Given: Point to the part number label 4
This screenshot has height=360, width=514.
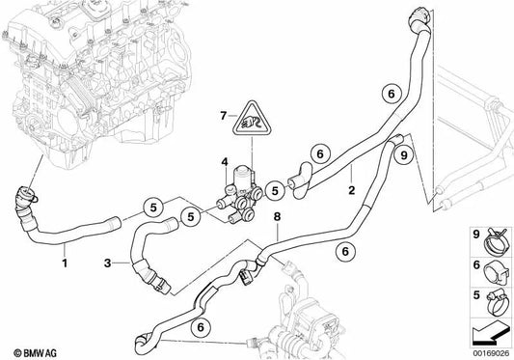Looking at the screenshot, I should tap(224, 161).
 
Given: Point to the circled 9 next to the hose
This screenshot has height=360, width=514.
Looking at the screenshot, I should tap(405, 153).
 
